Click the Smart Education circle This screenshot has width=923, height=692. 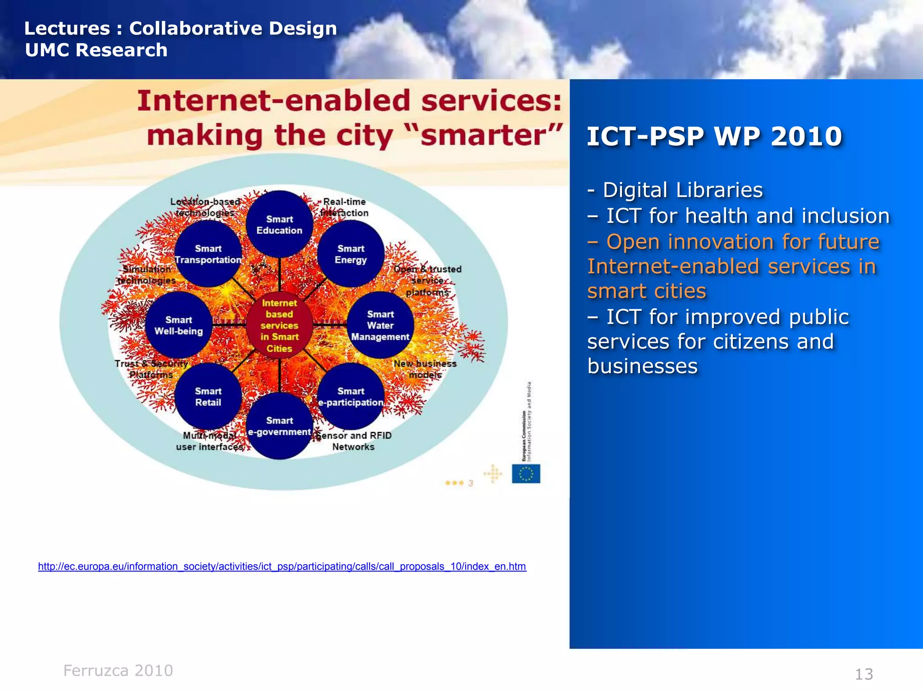279,224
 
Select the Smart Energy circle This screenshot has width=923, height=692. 351,254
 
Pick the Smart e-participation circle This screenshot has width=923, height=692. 351,396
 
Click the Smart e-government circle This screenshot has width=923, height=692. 279,426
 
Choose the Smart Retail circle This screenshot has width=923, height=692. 208,396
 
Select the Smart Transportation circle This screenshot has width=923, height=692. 208,254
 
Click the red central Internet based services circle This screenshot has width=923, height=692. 279,325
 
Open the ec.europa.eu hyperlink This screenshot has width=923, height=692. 282,566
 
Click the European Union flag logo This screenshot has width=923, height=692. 525,473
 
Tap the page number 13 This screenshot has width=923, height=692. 864,674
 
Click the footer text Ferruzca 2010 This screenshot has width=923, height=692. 118,670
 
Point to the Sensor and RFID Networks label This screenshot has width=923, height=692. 354,441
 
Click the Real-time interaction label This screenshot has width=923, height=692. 345,207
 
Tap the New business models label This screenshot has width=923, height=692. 425,369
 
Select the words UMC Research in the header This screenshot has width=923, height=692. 96,50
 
